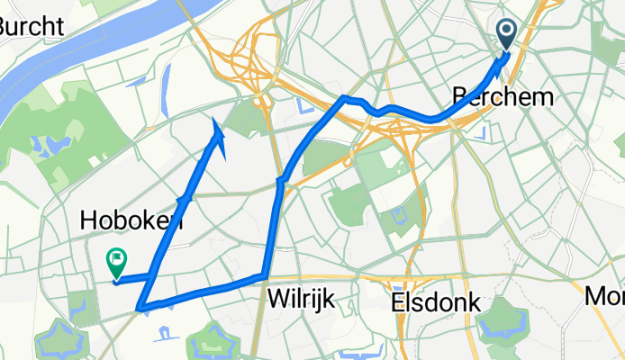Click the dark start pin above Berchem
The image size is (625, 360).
506,34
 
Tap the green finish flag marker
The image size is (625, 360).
116,262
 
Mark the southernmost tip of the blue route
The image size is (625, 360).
141,310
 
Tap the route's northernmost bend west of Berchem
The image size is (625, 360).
345,97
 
